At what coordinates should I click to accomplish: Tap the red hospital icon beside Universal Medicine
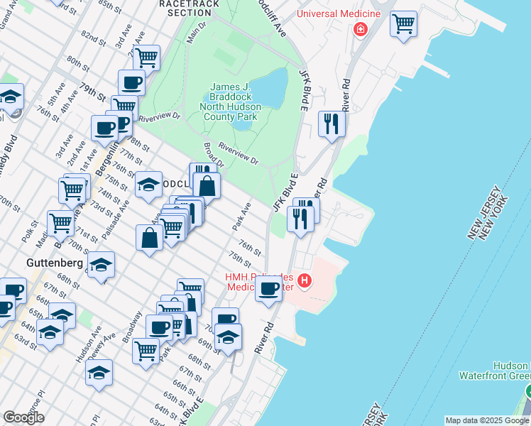click(361, 29)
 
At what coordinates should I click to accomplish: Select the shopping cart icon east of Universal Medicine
click(403, 23)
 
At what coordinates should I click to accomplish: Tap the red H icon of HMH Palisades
click(305, 281)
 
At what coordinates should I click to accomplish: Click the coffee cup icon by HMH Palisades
click(268, 289)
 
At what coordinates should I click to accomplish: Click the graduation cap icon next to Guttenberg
click(101, 265)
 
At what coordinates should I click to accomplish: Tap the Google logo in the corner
click(23, 417)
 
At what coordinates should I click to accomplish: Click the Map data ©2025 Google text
click(487, 420)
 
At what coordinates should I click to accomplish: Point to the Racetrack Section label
click(185, 9)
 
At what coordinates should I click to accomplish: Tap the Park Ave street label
click(243, 217)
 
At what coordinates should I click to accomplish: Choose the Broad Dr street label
click(213, 155)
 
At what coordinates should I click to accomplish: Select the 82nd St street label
click(93, 35)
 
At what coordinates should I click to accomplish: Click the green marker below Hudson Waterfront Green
click(528, 391)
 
